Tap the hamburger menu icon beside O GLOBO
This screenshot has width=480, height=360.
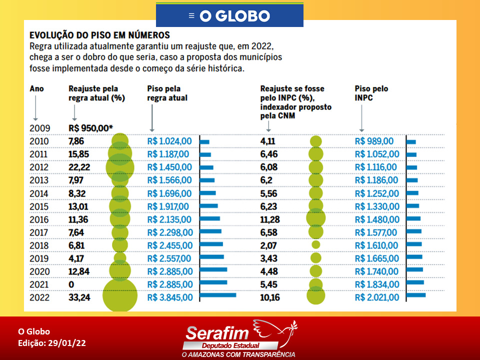coord(191,15)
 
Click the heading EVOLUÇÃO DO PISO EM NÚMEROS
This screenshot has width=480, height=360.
coord(99,35)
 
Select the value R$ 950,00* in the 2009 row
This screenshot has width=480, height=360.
coord(90,128)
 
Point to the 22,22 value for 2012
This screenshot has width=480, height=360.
coord(79,167)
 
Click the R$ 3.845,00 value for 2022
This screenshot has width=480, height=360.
coord(170,297)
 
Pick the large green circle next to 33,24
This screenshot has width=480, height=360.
coord(120,295)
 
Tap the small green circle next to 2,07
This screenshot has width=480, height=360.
coord(316,244)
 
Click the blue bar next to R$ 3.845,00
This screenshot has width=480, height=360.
coord(218,295)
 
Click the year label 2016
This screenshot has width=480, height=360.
coord(39,219)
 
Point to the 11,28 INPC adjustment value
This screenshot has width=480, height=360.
coord(270,219)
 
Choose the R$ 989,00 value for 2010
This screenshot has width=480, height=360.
coord(374,141)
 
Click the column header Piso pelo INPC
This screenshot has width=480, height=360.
coord(371,93)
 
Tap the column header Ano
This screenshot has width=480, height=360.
coord(36,89)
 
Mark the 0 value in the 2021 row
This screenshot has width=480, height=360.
coord(71,284)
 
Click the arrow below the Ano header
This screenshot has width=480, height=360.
coord(35,108)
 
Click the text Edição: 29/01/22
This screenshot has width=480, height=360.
coord(51,343)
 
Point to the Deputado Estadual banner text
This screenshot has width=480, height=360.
coord(230,345)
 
